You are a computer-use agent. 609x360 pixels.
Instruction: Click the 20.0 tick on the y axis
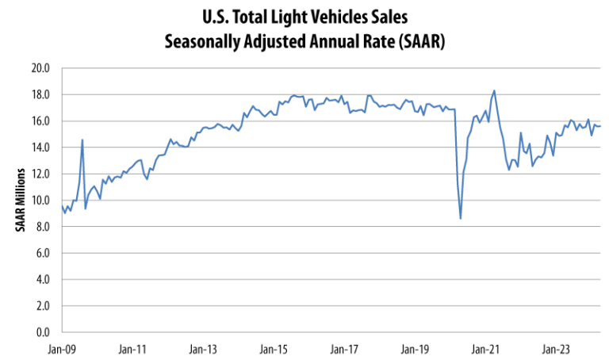click(x=40, y=68)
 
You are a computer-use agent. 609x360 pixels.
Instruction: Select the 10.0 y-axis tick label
click(x=40, y=201)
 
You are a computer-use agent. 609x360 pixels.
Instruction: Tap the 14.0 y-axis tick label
click(x=40, y=147)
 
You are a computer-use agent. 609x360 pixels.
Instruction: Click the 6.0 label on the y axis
click(x=42, y=253)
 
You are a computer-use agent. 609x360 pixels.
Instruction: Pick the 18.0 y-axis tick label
click(x=40, y=94)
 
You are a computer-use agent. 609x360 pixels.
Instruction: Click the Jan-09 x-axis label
click(x=61, y=347)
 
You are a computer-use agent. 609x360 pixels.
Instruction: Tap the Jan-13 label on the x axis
click(x=205, y=347)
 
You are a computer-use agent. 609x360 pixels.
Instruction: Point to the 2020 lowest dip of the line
click(x=461, y=218)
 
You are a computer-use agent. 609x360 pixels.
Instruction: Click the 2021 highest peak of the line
click(x=495, y=90)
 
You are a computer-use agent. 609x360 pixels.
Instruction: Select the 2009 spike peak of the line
click(x=82, y=140)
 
